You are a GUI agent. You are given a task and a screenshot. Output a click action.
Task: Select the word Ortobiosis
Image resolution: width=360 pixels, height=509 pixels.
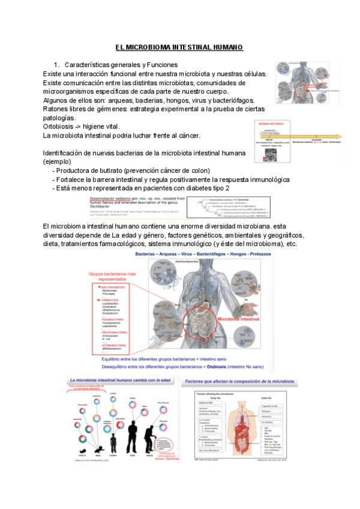tap(60, 127)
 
